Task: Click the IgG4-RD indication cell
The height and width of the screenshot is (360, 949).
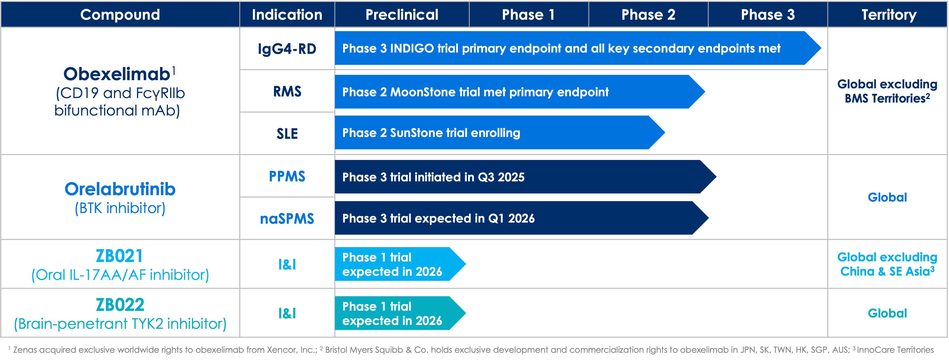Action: click(287, 49)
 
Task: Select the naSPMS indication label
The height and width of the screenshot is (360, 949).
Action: click(287, 218)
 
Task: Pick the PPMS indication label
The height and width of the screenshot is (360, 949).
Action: click(287, 176)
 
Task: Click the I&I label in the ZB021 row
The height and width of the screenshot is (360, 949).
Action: click(287, 264)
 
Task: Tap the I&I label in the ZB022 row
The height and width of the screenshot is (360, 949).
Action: click(287, 313)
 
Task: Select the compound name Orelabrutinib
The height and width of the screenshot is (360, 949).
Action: click(120, 189)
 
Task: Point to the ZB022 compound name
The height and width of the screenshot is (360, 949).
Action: click(120, 305)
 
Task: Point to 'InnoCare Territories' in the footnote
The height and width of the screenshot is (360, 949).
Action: click(895, 350)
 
